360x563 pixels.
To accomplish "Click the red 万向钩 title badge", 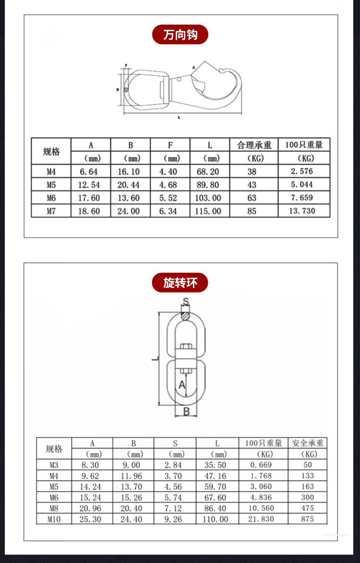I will (180, 35).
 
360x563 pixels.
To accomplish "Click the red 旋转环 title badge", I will (180, 283).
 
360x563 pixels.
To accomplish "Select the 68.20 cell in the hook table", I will (210, 172).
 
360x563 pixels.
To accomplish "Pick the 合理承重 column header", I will (254, 145).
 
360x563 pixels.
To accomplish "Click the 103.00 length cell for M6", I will (210, 198).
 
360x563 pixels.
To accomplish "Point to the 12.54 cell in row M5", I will (91, 185).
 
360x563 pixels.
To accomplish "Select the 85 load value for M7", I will (252, 211).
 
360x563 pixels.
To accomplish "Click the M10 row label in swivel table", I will (54, 519).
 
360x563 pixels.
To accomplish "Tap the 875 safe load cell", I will (307, 519).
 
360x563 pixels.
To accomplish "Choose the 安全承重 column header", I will (307, 443).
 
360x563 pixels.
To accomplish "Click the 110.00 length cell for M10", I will (217, 519).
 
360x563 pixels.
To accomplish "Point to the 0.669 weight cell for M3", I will (261, 465).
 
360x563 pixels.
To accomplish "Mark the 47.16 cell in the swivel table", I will (217, 476).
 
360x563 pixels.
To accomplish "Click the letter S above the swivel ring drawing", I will (186, 302).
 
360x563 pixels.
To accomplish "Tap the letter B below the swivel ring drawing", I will (187, 411).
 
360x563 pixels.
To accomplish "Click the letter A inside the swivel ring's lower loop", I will (182, 384).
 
